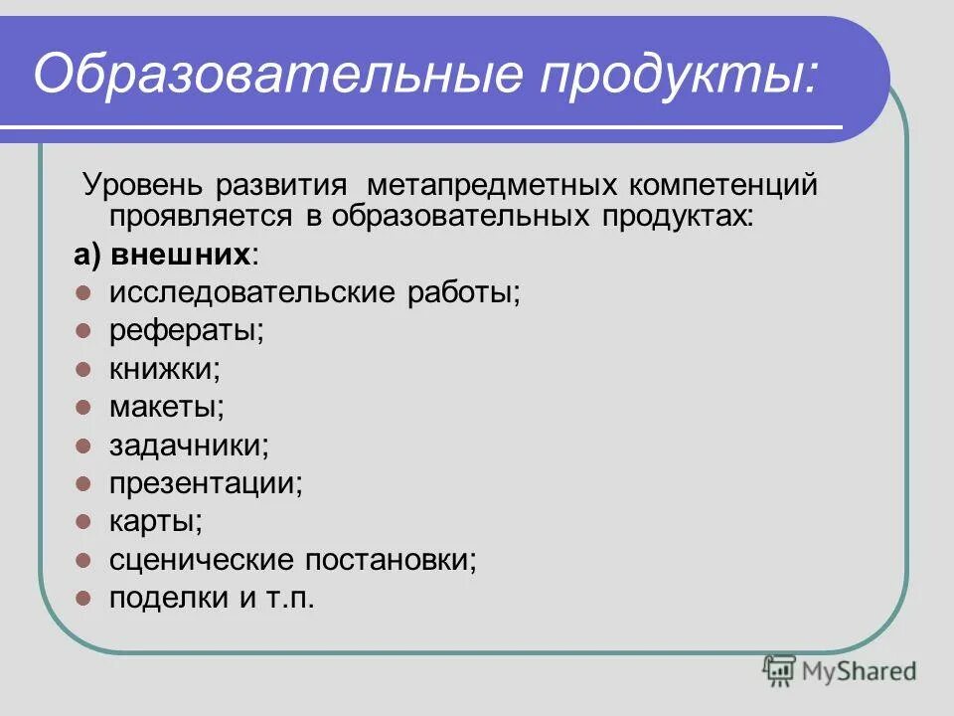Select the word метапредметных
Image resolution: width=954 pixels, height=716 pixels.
[491, 187]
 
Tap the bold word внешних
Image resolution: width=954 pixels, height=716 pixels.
[180, 256]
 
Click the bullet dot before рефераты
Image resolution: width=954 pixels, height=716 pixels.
[83, 331]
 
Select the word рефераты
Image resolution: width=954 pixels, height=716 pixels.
[186, 331]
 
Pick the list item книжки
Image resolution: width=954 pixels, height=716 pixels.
[164, 369]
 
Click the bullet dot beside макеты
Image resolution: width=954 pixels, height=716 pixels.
[83, 407]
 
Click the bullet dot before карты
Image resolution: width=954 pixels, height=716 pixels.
[83, 521]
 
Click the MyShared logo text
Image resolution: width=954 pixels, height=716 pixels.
[860, 671]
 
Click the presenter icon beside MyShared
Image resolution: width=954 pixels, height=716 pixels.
[780, 670]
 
